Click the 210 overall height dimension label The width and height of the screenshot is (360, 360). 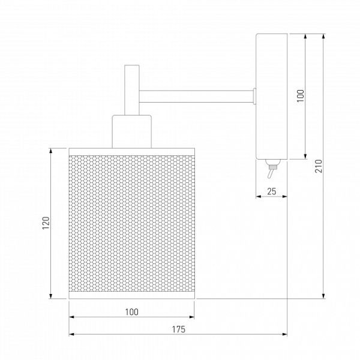click(x=319, y=166)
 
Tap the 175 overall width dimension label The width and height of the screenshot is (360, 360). click(x=179, y=329)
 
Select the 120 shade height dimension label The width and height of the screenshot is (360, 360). click(x=46, y=223)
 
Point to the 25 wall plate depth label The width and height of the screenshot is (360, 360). click(x=272, y=191)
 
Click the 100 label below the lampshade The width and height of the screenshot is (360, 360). click(x=132, y=312)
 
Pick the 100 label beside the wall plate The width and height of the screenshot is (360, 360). click(x=301, y=96)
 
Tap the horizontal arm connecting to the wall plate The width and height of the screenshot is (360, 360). click(x=197, y=97)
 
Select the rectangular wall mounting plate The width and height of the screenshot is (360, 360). click(x=272, y=97)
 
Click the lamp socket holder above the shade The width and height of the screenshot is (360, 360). click(x=132, y=132)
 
